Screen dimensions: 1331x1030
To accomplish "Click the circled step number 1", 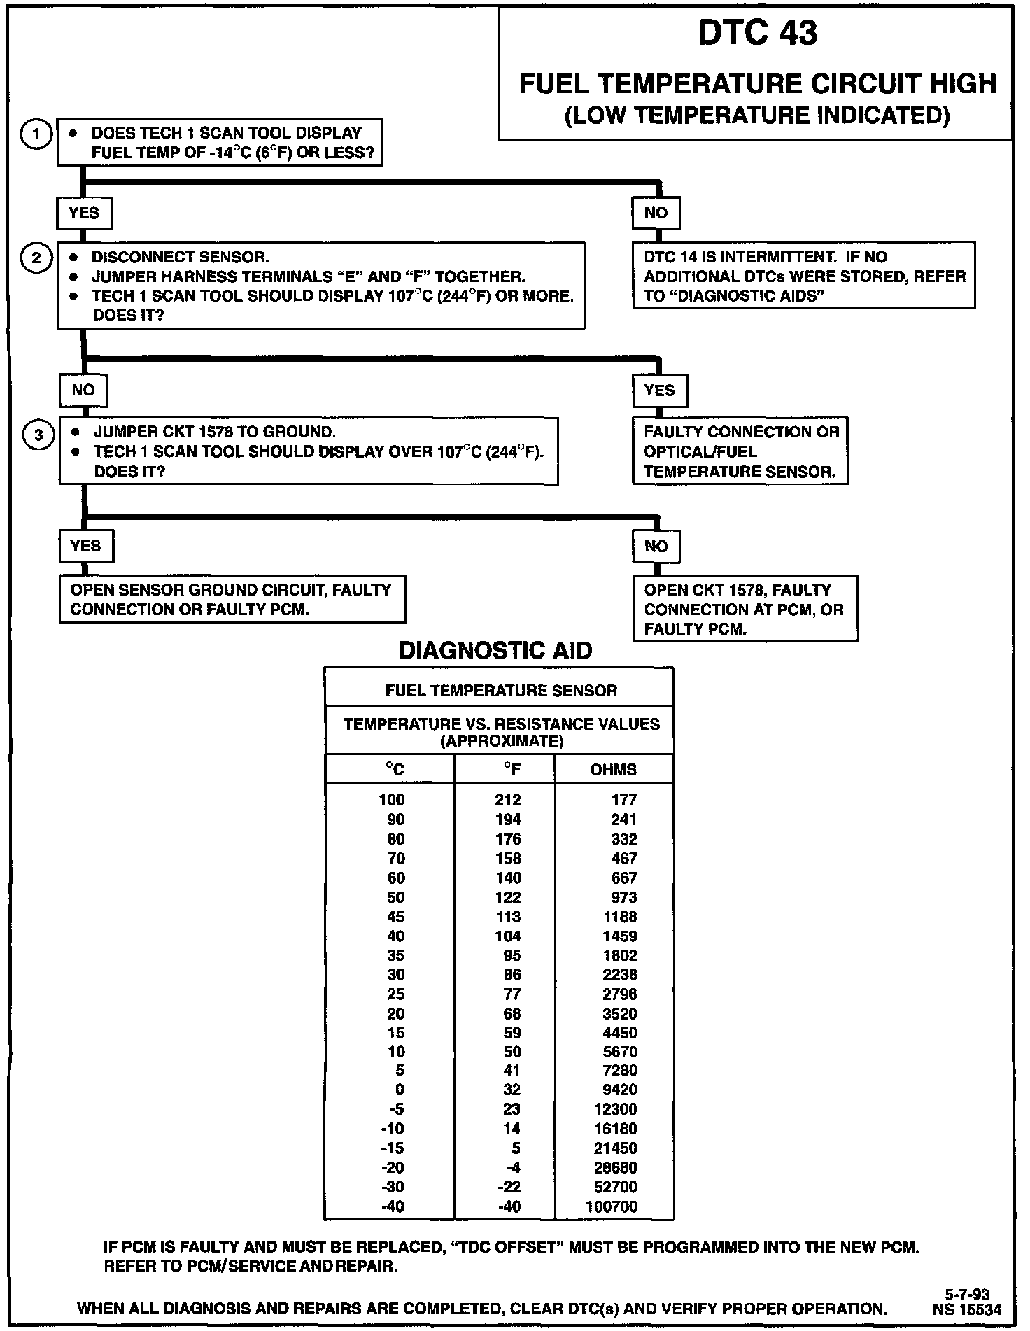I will pos(38,134).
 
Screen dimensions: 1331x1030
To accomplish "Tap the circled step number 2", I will pos(38,258).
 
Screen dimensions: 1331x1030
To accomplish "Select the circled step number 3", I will pos(38,435).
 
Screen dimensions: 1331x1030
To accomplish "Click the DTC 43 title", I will pos(757,34).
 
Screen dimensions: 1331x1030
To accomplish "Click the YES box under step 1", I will pos(84,213).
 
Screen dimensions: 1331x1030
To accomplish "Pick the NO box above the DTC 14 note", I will pos(656,213).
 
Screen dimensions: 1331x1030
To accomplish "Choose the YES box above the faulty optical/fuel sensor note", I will pos(659,390).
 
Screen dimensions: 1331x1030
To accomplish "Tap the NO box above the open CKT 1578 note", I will pos(656,547).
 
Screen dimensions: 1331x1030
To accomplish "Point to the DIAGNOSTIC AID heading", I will pos(495,650).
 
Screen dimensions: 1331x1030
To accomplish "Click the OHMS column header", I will pos(613,770).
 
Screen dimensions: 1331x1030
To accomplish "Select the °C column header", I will pos(395,770).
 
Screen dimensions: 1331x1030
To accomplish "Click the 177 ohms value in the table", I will pos(623,800).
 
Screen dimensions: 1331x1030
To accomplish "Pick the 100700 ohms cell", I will pos(611,1206).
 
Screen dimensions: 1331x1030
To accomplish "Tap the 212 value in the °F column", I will pos(508,800).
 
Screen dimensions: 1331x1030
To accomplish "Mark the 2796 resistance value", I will pos(620,994).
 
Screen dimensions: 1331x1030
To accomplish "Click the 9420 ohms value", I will pos(620,1090).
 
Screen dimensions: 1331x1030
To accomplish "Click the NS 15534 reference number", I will pos(966,1309).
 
